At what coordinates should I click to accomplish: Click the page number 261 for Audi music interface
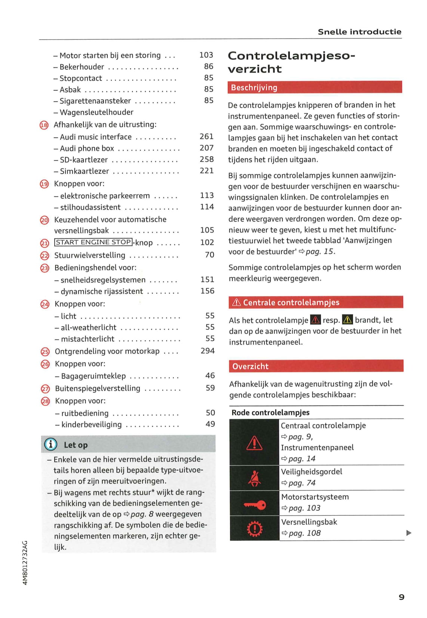(206, 136)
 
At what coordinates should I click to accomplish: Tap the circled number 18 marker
(44, 125)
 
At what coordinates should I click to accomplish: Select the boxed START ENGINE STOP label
(93, 242)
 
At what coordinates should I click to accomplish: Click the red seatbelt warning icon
(255, 478)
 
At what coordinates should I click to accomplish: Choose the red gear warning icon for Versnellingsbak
(255, 529)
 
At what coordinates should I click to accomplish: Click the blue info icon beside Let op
(51, 444)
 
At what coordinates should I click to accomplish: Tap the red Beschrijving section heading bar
(314, 87)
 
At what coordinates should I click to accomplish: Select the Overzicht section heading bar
(316, 366)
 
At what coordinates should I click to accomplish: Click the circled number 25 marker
(45, 352)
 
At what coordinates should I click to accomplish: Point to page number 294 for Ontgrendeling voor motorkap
(208, 351)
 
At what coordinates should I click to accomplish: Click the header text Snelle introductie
(359, 32)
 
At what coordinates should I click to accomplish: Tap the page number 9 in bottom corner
(401, 597)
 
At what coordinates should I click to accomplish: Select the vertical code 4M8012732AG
(25, 563)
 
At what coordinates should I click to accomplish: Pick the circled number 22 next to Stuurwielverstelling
(44, 256)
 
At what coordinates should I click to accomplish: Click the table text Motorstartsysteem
(315, 497)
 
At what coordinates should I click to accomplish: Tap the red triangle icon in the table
(255, 443)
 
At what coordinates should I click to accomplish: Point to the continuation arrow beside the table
(409, 533)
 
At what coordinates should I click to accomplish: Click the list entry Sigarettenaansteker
(95, 101)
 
